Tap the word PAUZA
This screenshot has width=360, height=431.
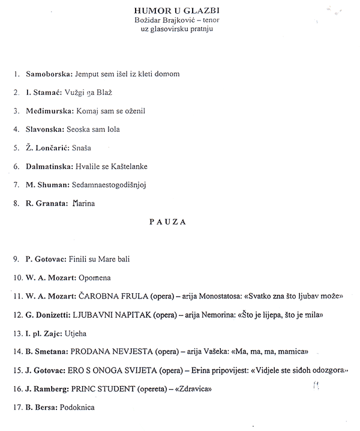(x=167, y=221)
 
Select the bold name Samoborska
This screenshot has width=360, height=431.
(x=48, y=74)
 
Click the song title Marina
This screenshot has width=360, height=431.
(x=83, y=203)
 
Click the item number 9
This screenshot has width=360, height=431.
(x=16, y=259)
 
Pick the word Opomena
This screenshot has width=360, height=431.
(x=94, y=278)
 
